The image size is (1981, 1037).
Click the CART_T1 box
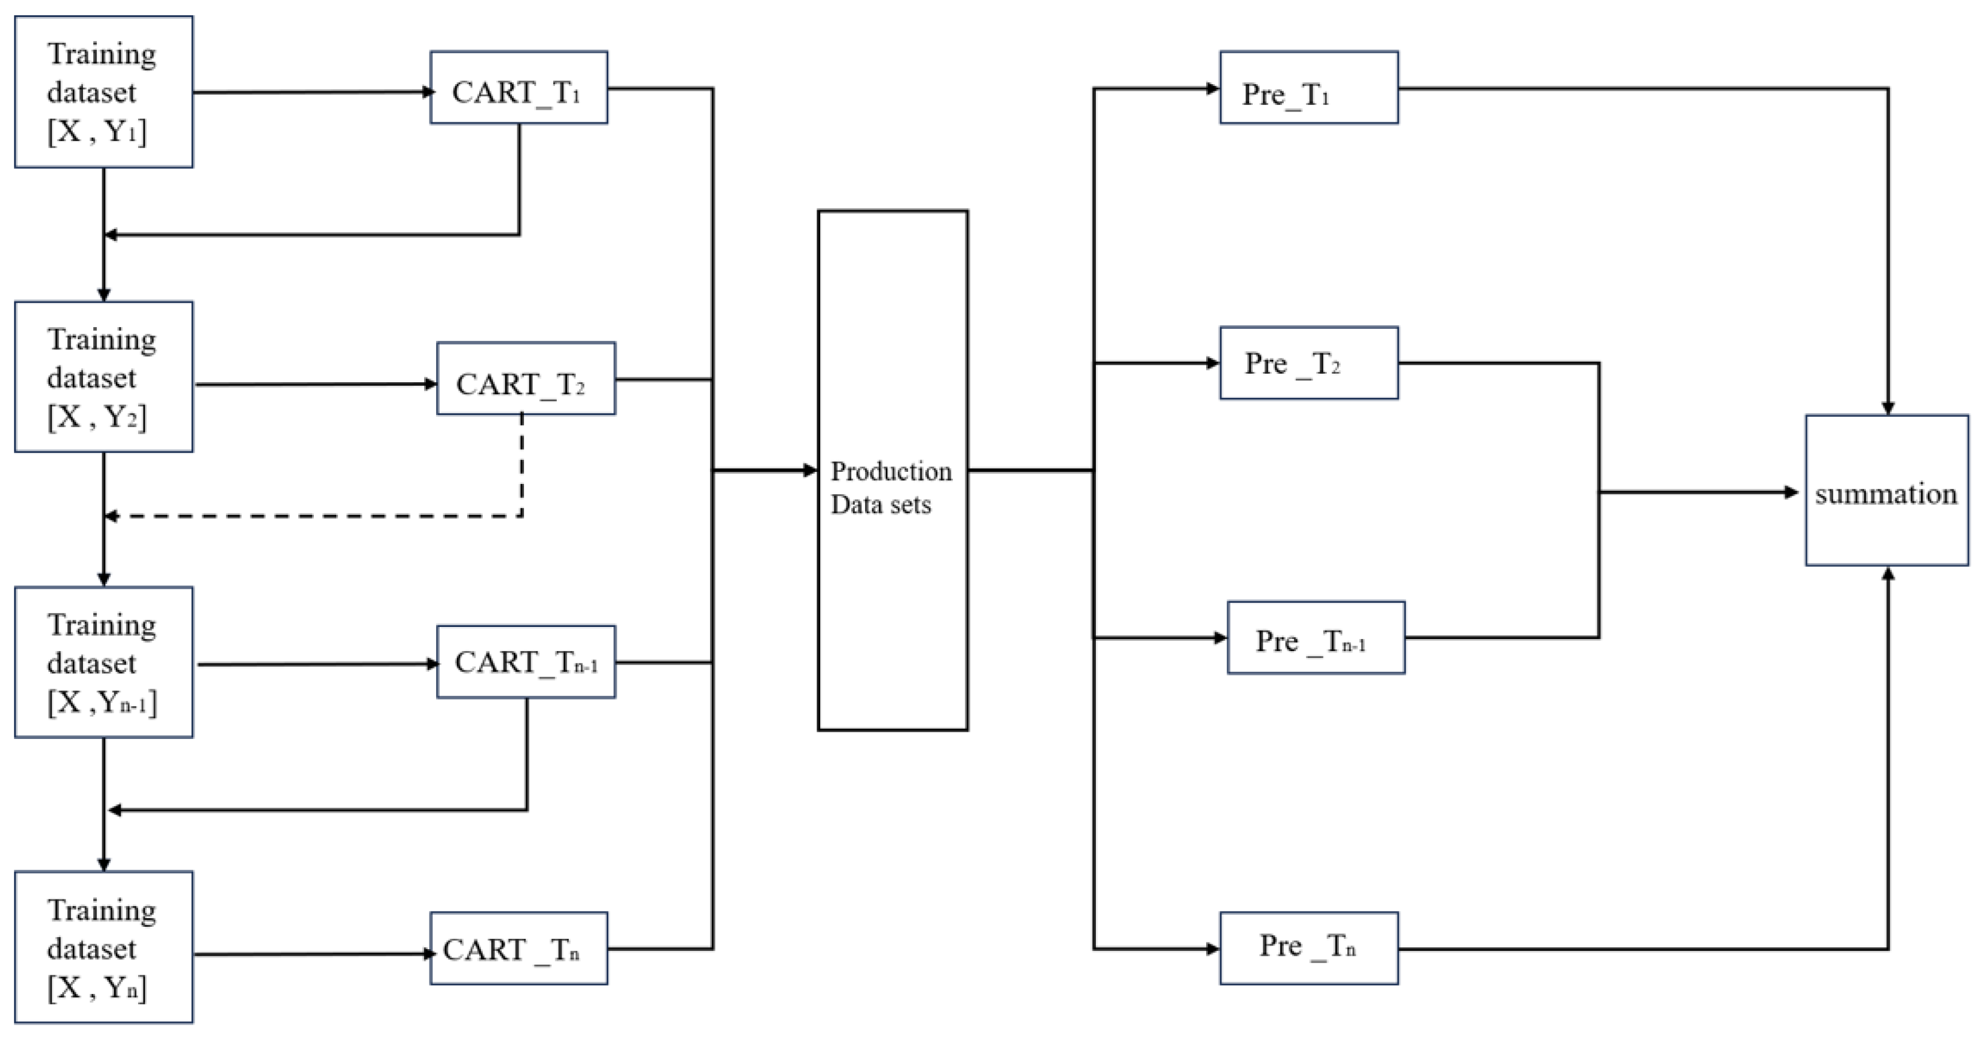tap(519, 88)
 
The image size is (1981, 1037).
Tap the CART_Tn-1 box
tap(525, 662)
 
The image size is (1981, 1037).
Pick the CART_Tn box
tap(519, 948)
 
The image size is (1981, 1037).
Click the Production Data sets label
tap(891, 488)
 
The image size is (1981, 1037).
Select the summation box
tap(1886, 491)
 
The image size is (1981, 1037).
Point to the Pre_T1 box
tap(1308, 88)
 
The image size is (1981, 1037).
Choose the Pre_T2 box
tap(1308, 363)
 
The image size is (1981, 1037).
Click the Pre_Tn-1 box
tap(1315, 638)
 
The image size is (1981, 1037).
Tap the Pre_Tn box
tap(1308, 948)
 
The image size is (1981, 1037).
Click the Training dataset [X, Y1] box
tap(104, 91)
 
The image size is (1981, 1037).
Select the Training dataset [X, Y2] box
tap(104, 377)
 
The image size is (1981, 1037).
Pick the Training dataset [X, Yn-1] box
tap(104, 662)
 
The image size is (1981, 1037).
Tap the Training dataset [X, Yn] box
tap(104, 947)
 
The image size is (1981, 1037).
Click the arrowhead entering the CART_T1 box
tap(428, 92)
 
